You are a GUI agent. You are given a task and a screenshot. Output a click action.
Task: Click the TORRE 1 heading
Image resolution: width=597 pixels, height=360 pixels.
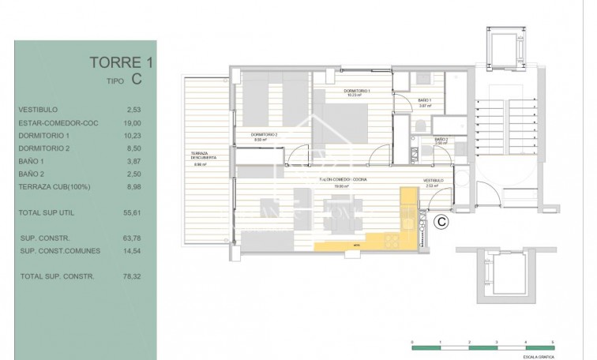point(118,62)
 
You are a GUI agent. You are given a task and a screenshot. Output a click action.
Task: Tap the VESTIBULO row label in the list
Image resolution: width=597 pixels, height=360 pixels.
point(37,110)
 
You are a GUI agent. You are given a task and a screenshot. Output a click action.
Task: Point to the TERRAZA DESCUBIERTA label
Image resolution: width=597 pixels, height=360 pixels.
point(203,155)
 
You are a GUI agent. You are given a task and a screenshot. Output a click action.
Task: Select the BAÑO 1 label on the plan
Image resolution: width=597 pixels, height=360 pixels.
point(424,99)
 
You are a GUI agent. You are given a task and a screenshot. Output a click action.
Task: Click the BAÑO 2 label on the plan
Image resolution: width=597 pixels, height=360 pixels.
point(441,140)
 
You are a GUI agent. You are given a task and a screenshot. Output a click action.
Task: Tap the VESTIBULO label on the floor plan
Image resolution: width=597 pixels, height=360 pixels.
point(433,181)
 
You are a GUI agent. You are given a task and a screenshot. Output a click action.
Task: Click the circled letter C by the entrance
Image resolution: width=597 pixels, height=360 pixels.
point(442,222)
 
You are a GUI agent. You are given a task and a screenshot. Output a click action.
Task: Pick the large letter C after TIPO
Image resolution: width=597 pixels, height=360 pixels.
point(137,78)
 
